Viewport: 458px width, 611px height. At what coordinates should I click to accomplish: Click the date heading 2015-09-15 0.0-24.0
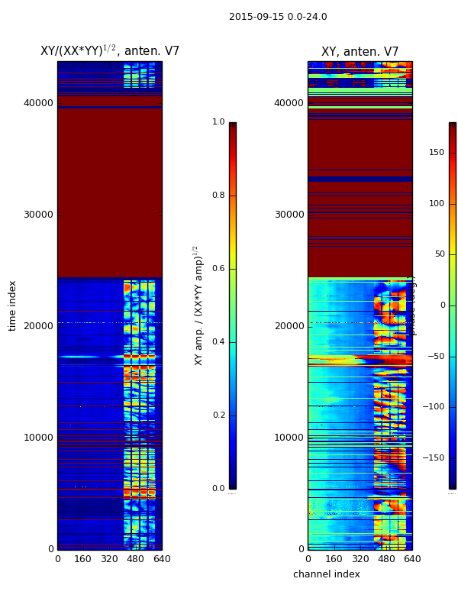tap(278, 17)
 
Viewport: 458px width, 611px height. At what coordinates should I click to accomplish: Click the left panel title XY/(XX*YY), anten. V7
tap(110, 51)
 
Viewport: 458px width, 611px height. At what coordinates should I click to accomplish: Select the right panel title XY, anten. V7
tap(360, 52)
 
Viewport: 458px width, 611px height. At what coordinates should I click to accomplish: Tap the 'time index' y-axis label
tap(12, 305)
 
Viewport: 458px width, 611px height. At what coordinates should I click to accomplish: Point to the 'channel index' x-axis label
tap(327, 574)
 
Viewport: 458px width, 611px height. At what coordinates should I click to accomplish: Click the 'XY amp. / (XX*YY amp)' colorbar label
tap(198, 305)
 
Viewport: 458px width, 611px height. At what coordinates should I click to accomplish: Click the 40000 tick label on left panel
tap(38, 103)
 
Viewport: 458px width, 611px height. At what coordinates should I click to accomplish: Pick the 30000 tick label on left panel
tap(38, 215)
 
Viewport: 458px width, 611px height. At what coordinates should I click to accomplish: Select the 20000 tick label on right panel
tap(289, 326)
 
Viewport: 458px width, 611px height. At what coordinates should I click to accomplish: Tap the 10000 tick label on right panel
tap(289, 438)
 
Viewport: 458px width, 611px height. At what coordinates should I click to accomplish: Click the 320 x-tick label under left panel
tap(109, 559)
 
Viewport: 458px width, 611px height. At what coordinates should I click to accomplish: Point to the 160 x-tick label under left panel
tap(83, 559)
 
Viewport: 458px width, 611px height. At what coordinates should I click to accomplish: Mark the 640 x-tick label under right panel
tap(412, 559)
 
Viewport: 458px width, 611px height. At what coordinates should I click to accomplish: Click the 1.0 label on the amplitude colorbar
tap(218, 122)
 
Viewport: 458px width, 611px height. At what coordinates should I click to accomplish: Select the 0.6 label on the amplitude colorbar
tap(218, 269)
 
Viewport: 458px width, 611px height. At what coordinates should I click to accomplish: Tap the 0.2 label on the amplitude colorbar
tap(218, 415)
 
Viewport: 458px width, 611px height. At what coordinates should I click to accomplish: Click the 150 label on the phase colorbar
tap(437, 153)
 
